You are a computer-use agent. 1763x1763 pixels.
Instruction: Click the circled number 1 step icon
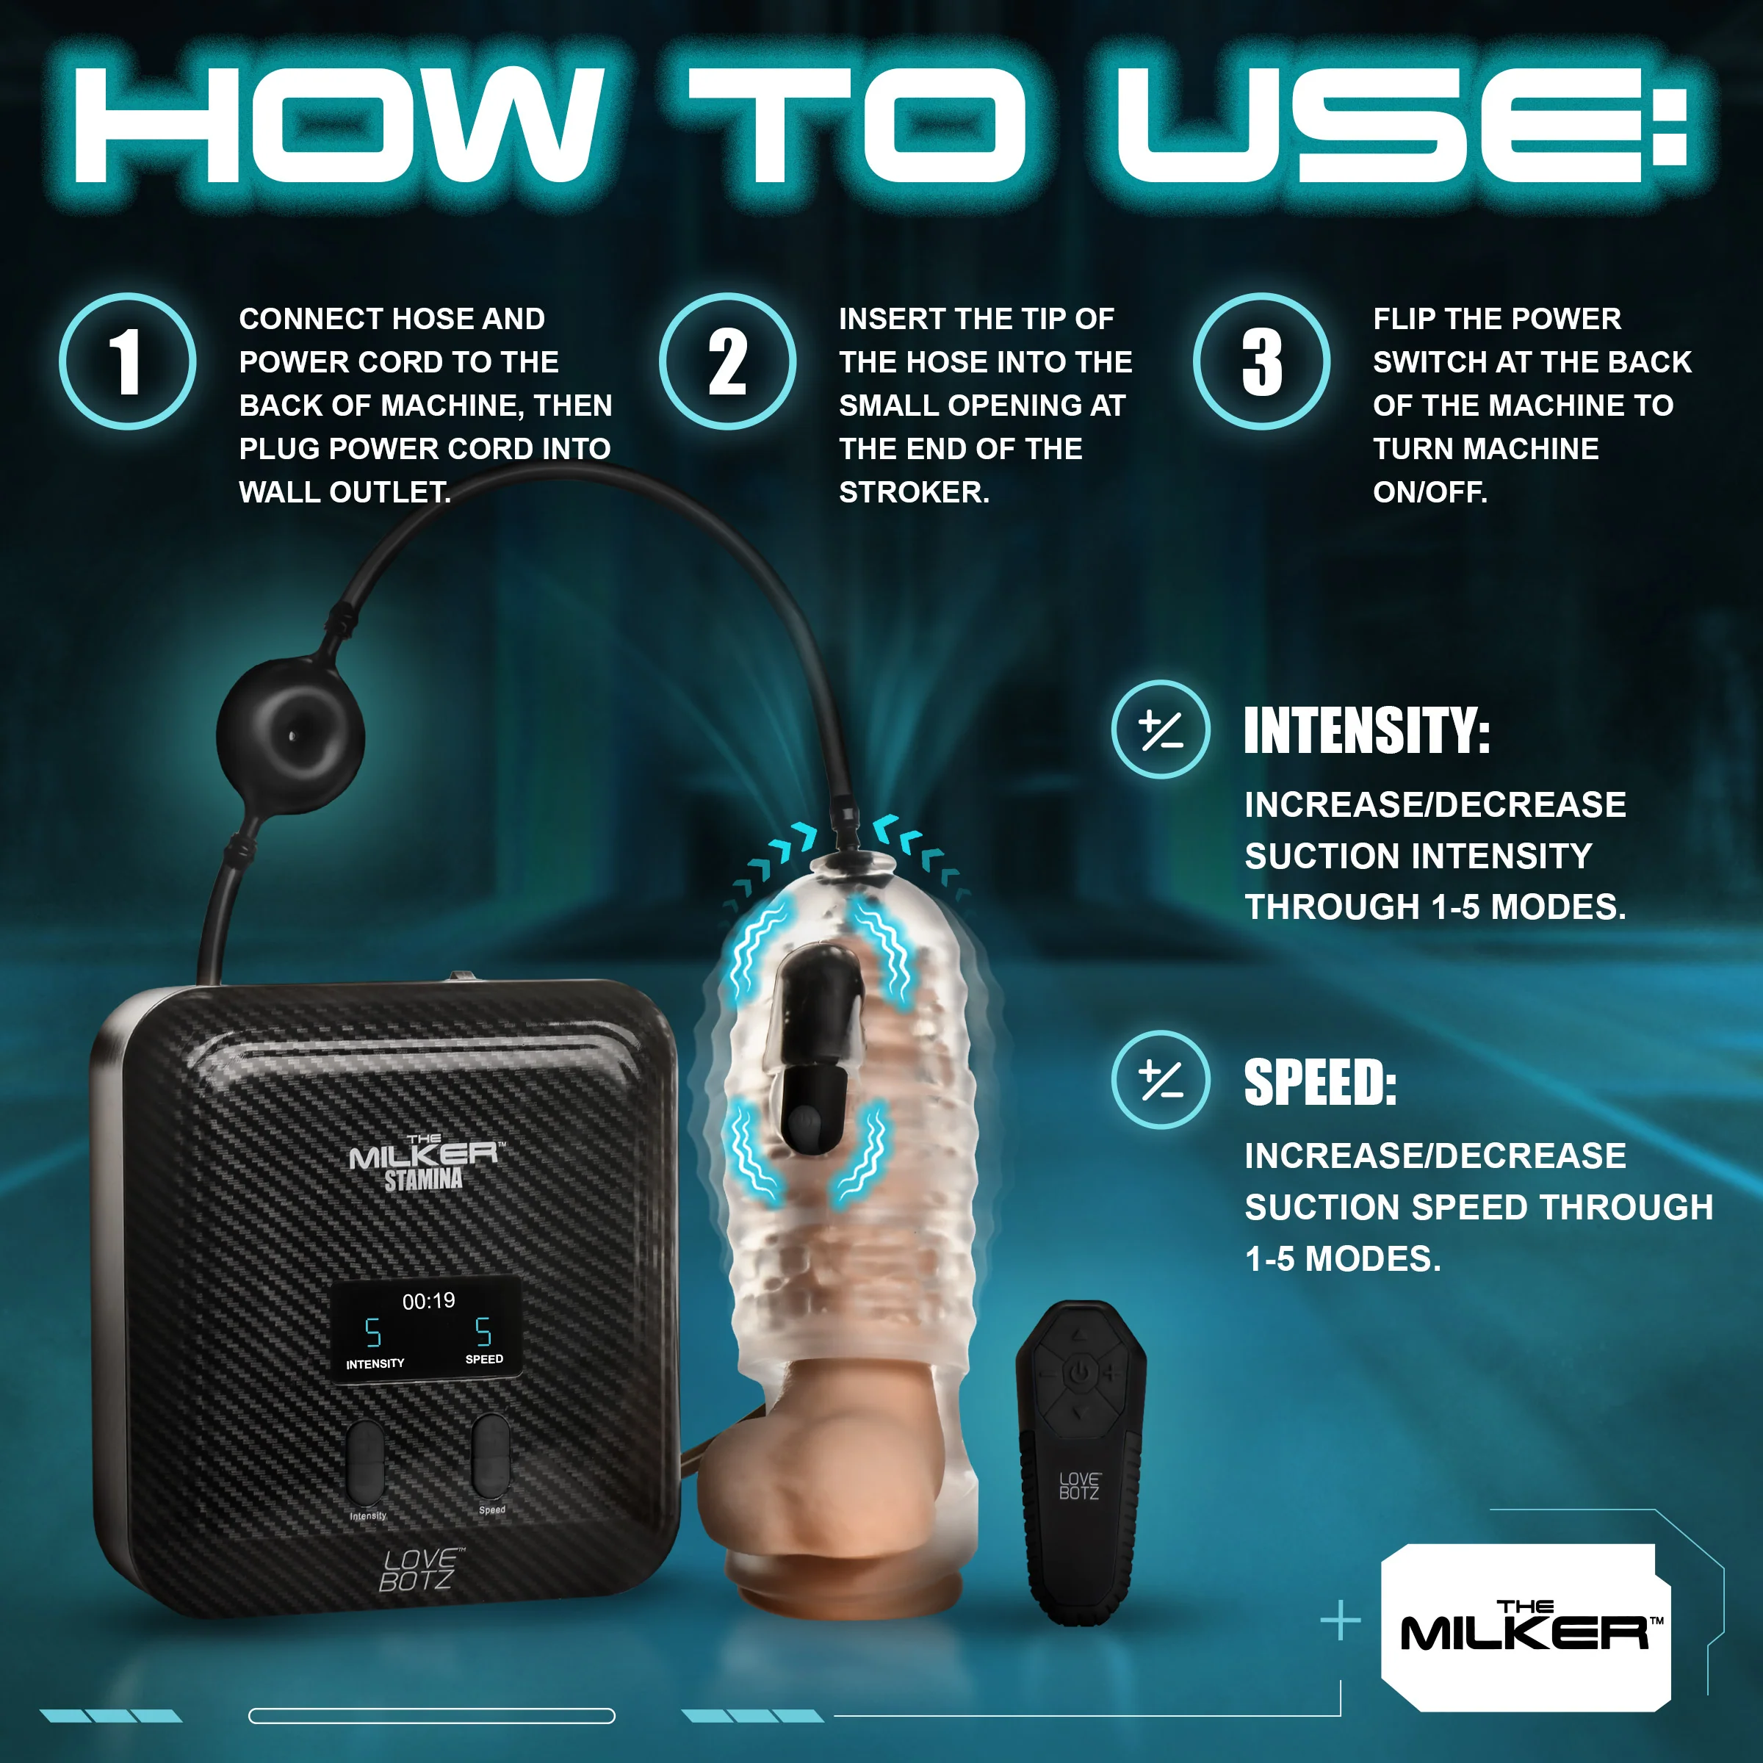[x=128, y=361]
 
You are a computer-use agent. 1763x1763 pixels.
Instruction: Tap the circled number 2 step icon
[x=727, y=361]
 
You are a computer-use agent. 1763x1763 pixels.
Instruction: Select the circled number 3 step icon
[x=1261, y=361]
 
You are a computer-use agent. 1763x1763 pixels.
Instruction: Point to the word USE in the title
[x=1386, y=125]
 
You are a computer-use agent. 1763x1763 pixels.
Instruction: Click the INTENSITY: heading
[x=1366, y=731]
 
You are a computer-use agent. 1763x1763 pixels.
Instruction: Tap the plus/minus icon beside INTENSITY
[x=1161, y=730]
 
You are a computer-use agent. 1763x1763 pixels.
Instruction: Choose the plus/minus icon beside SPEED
[x=1161, y=1081]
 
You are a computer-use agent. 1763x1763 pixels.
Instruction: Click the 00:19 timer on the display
[x=429, y=1301]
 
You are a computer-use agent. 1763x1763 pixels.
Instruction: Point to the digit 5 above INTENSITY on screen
[x=372, y=1333]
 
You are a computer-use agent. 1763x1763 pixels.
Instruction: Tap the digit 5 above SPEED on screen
[x=483, y=1331]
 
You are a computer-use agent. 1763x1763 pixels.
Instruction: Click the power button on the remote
[x=1080, y=1371]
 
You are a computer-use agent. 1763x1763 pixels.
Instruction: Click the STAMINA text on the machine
[x=423, y=1180]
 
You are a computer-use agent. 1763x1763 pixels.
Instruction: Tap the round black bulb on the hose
[x=291, y=734]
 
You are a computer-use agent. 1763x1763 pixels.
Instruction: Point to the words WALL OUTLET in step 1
[x=345, y=493]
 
